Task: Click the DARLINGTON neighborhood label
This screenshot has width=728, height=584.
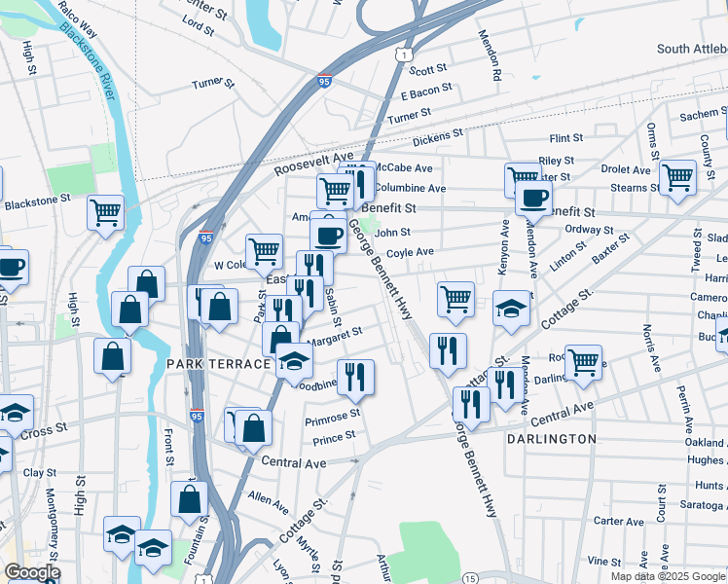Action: [551, 439]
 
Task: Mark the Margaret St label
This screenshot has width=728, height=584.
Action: [335, 334]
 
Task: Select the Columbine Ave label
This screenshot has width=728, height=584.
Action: [410, 188]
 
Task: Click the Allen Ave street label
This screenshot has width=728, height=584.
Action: [269, 502]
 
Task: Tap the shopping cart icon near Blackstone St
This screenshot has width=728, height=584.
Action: [105, 211]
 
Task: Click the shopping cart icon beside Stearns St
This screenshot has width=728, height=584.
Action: [677, 177]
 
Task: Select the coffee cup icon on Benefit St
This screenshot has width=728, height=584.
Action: [532, 197]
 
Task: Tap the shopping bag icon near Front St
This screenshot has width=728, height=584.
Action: [190, 498]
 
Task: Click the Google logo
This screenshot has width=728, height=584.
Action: [32, 573]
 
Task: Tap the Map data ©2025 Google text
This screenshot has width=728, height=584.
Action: [667, 576]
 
